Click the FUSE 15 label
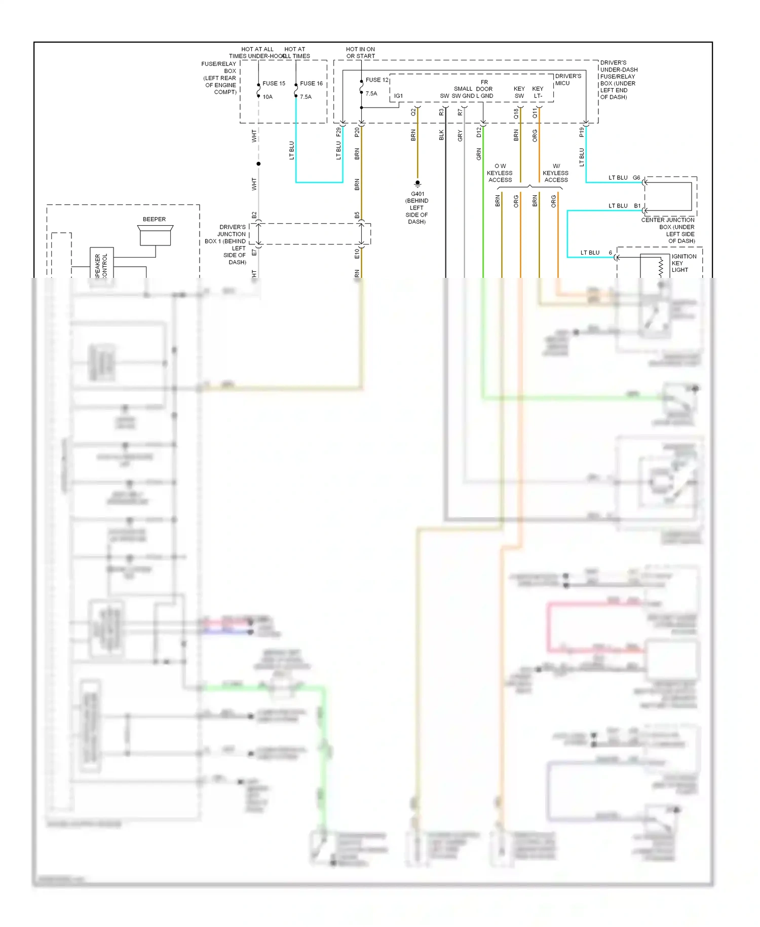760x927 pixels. coord(274,83)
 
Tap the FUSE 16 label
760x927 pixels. coord(311,83)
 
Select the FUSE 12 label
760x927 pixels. coord(377,80)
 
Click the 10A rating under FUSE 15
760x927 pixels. coord(268,97)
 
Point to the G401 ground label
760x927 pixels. coord(417,194)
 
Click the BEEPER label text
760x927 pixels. coord(154,219)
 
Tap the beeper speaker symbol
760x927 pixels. coord(155,236)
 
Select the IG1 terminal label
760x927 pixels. coord(398,96)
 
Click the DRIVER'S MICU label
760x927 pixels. coord(568,80)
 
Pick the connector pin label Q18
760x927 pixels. coord(516,114)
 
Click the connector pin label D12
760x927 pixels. coord(479,132)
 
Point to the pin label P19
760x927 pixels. coord(582,132)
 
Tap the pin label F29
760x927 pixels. coord(338,132)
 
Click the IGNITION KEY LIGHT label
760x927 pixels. coord(683,263)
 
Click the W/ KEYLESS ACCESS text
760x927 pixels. coord(556,173)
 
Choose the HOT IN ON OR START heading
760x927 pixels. coord(360,53)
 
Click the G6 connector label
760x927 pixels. coord(636,177)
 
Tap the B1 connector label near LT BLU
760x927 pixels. coord(637,206)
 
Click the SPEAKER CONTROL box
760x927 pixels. coord(102,264)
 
